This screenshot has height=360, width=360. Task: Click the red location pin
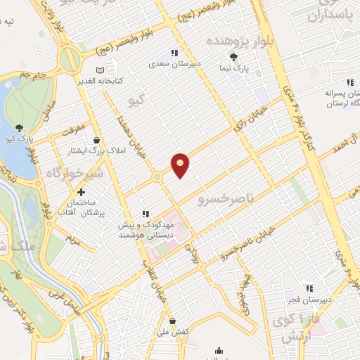point(181,165)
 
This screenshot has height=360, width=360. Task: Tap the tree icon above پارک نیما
point(233,58)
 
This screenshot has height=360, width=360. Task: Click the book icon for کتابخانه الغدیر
point(100,70)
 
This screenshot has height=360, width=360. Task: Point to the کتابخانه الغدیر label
point(100,81)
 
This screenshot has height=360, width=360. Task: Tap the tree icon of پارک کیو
point(19,127)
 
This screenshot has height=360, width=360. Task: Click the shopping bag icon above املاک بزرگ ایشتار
point(95,140)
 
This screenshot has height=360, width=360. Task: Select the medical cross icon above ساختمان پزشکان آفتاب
point(82,193)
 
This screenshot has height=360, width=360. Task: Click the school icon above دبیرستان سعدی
point(174,52)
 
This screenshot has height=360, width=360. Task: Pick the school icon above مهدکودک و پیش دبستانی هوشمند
point(146,214)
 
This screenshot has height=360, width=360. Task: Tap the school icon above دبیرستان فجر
point(309,288)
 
